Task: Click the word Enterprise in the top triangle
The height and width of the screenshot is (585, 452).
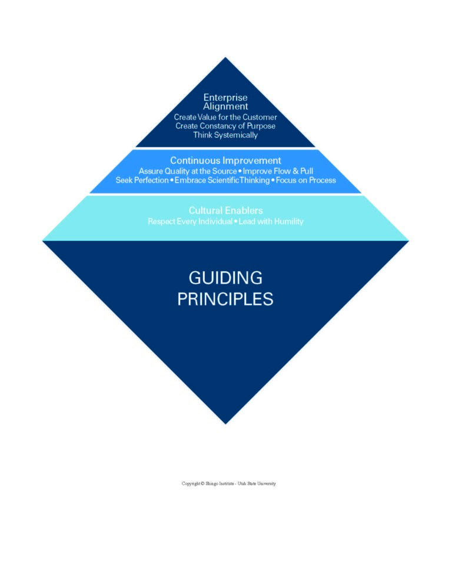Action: coord(225,97)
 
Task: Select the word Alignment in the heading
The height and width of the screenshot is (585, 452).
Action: coord(225,107)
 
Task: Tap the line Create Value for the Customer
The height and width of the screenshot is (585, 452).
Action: coord(225,117)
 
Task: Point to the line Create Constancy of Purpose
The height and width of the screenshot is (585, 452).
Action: coord(225,126)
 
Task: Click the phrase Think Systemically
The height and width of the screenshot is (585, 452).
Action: coord(225,135)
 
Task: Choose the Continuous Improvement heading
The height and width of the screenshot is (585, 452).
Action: coord(225,160)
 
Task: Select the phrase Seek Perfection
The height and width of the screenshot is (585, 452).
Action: coord(141,180)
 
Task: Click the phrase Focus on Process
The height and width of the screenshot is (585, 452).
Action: coord(306,180)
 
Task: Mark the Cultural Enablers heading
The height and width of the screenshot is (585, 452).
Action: coord(225,210)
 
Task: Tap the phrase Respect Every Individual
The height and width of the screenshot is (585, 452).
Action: coord(190,222)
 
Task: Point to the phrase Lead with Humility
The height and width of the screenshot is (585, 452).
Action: coord(271,222)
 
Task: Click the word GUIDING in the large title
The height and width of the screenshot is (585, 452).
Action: coord(225,278)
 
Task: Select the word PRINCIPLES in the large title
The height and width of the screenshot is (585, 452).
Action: coord(225,299)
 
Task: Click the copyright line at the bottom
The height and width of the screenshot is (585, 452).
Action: coord(228,484)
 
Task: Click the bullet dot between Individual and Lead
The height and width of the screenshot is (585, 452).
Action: coord(235,222)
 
